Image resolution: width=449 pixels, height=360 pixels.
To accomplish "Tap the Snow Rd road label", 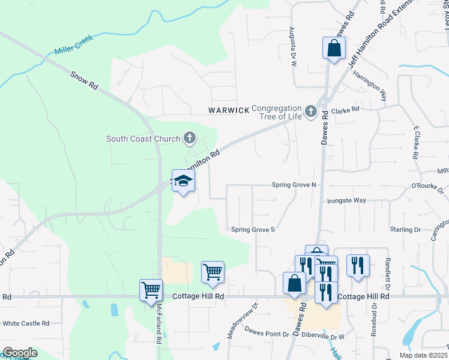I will coord(84,82).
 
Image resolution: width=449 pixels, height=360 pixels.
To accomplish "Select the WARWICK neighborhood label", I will coord(229,110).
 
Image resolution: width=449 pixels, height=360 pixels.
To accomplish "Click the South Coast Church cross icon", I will coord(189,139).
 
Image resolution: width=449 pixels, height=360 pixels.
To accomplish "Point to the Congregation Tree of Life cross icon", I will coord(310,111).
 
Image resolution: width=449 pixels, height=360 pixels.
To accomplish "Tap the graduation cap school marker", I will coord(183,180).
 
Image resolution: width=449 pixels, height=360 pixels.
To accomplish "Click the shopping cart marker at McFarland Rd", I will coord(151,290).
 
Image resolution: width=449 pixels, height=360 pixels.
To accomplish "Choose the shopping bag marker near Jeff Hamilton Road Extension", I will coord(333,48).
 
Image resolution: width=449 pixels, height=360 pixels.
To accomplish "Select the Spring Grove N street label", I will coord(294,185).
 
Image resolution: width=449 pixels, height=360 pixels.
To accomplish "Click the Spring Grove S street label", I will coord(253,229).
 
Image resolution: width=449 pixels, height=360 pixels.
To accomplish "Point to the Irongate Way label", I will coord(346,200).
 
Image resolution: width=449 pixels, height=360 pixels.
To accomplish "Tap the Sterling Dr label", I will coord(405,229).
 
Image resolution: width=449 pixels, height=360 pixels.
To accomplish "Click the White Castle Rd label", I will coord(26,323).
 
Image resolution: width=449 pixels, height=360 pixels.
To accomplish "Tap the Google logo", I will coord(20,353).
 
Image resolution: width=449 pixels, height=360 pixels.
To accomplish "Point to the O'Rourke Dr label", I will coord(427,190).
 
